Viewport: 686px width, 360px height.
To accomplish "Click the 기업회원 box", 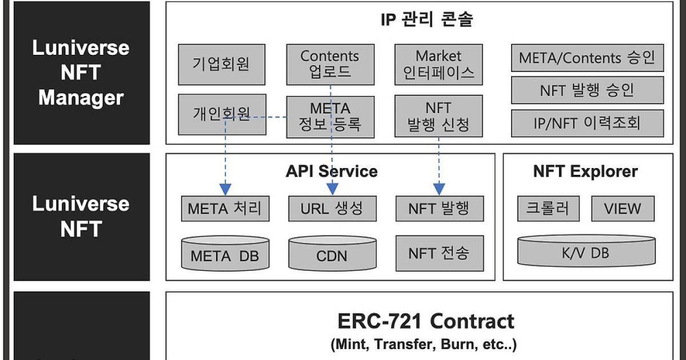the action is [x=222, y=65].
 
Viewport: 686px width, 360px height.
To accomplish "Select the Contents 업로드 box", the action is [x=330, y=65].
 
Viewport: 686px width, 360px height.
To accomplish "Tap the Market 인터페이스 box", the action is [x=438, y=65].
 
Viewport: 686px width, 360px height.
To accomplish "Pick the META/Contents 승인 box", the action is [x=588, y=58].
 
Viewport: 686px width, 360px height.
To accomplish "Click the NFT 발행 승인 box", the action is [x=588, y=90].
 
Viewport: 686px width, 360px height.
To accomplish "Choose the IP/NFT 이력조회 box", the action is [x=588, y=123].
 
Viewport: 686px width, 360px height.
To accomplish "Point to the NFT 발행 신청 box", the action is [x=438, y=116].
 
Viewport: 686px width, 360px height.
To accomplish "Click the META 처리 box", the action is [x=225, y=209].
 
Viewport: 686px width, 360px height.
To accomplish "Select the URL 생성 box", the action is [x=332, y=209].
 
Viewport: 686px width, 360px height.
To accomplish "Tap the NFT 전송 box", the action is [x=440, y=253].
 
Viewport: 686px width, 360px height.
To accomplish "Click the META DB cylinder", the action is [x=225, y=253].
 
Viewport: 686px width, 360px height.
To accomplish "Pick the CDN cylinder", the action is [x=332, y=253].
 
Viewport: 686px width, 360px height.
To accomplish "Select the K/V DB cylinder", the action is [x=586, y=251].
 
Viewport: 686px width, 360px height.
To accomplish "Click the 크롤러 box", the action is [x=548, y=209].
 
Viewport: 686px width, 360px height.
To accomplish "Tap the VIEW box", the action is [x=623, y=209].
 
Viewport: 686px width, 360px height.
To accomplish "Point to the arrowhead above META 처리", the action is [x=225, y=190].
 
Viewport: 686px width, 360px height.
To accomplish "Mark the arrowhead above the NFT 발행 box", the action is [x=439, y=190].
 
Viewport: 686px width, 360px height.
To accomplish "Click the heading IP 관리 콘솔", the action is [x=426, y=19].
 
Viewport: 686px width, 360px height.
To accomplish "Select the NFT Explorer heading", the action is [x=585, y=171].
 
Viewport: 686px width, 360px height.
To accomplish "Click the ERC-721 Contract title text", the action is [x=426, y=321].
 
